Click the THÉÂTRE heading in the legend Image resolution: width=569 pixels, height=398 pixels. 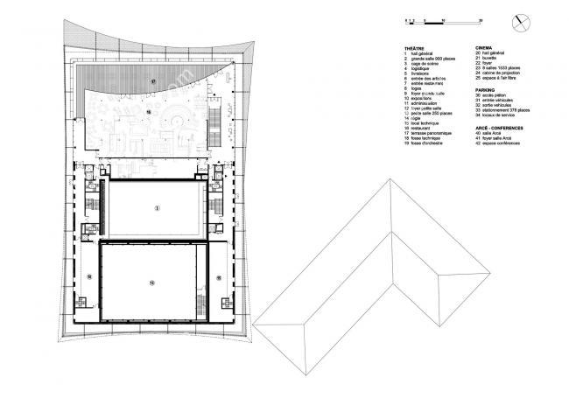coord(414,47)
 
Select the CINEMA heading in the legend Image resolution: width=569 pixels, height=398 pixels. coord(484,47)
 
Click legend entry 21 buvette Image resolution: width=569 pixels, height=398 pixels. coord(491,59)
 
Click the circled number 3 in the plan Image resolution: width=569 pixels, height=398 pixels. coord(158,208)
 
